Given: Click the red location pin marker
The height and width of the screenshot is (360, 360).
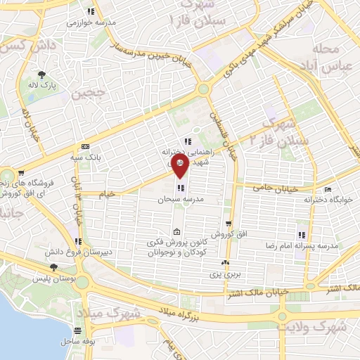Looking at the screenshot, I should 180,167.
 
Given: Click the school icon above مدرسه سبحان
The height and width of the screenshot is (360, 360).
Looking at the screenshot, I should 181,188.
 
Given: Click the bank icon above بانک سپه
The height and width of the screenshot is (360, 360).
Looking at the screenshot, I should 86,146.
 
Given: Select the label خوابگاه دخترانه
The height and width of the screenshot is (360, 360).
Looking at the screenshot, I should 327,200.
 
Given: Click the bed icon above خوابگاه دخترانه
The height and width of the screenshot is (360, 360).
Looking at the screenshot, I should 327,190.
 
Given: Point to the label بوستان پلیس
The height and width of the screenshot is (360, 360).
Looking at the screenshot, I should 52,279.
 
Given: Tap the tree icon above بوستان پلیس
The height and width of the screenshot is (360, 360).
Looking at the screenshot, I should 53,267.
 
